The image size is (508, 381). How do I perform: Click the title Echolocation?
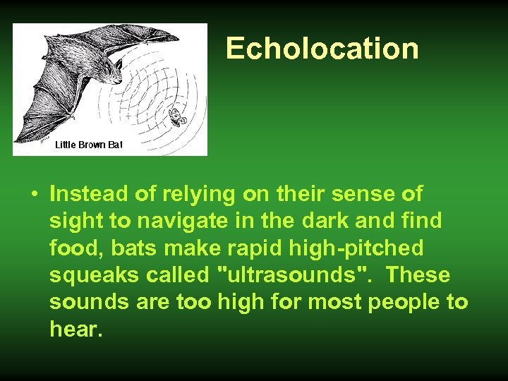pos(322,49)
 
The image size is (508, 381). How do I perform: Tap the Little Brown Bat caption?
pos(89,145)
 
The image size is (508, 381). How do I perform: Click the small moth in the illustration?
pos(179,116)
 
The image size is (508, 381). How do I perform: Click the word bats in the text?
pos(135,248)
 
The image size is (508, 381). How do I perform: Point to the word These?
pos(418,274)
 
